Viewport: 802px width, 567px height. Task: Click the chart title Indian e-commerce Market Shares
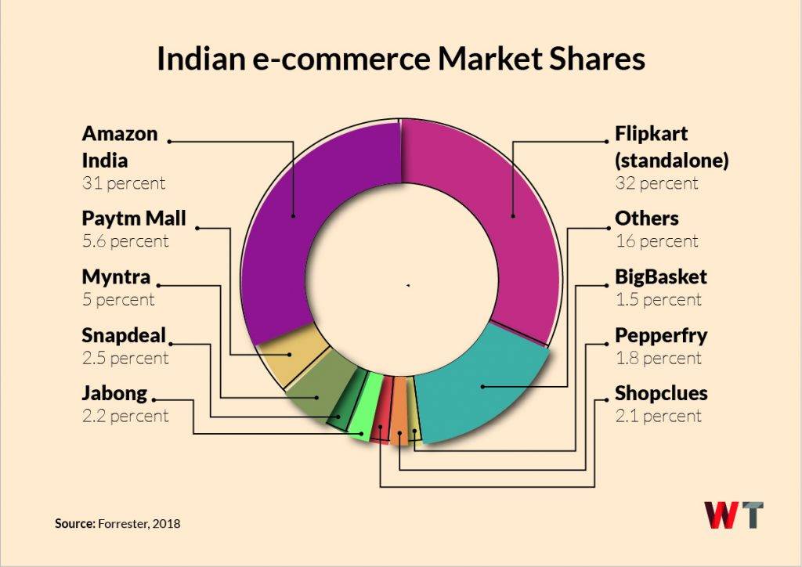(400, 60)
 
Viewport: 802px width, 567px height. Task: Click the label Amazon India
(120, 146)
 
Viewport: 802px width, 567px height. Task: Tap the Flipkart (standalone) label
(671, 146)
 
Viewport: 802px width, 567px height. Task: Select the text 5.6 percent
(125, 241)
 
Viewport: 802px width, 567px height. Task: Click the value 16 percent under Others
(656, 241)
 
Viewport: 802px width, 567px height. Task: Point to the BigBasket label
(660, 276)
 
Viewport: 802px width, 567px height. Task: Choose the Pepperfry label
(660, 336)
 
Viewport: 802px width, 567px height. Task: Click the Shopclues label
(660, 392)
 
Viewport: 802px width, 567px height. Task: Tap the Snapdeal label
(124, 336)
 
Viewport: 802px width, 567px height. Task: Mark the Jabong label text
(114, 393)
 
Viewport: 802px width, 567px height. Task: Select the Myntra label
(116, 276)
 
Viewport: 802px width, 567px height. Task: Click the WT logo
(732, 515)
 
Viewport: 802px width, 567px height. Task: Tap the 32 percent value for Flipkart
(656, 183)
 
